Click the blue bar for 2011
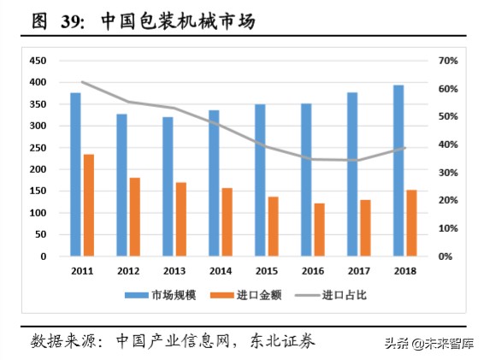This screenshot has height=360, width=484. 75,174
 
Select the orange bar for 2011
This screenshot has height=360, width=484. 88,204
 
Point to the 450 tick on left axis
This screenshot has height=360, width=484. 38,61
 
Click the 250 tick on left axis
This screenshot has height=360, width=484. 38,148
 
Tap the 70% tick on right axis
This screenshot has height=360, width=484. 448,61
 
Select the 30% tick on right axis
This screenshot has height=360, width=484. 448,173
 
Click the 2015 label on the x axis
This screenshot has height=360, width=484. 268,270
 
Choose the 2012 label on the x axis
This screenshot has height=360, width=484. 128,270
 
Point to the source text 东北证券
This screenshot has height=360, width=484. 283,341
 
